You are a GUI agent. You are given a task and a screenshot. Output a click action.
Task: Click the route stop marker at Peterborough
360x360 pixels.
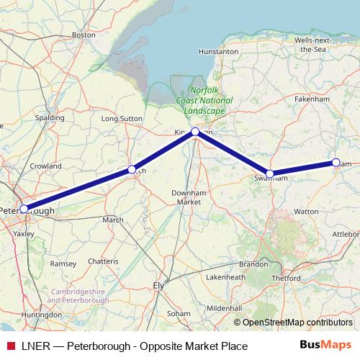click(24, 209)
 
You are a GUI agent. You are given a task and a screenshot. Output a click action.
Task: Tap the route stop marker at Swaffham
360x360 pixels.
click(270, 174)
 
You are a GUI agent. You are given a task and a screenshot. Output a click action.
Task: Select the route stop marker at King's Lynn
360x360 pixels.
click(195, 132)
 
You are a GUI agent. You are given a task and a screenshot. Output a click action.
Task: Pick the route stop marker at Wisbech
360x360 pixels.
click(132, 169)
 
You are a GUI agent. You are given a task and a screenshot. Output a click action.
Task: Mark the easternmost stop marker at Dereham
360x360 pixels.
click(336, 163)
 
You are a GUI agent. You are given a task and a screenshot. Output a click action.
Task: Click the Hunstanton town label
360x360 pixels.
click(218, 52)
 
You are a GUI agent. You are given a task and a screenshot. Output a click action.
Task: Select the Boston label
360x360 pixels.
click(84, 34)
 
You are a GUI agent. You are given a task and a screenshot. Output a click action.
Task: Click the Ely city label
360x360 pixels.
click(160, 285)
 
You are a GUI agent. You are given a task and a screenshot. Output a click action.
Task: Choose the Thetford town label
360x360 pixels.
click(285, 277)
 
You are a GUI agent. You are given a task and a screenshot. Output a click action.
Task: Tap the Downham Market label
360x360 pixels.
click(189, 197)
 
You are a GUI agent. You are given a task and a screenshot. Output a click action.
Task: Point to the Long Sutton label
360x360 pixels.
click(120, 118)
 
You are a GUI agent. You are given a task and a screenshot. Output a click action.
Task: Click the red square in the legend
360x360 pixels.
click(9, 346)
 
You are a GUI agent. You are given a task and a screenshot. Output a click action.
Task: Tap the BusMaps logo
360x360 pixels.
click(325, 346)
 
